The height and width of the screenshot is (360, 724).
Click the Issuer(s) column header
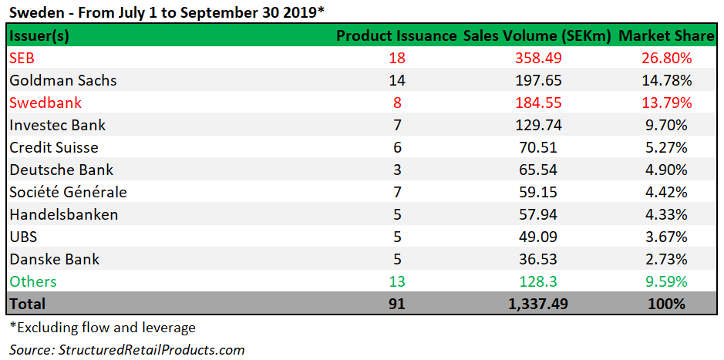(39, 36)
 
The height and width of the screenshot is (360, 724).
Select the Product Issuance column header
(396, 36)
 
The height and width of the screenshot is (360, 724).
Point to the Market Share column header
(666, 36)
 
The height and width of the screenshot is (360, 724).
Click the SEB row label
(22, 59)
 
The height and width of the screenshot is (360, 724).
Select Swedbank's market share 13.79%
(666, 103)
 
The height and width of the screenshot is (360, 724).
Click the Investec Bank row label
(58, 125)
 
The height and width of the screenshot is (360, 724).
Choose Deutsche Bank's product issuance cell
(397, 170)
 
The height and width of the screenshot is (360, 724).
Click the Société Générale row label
(68, 192)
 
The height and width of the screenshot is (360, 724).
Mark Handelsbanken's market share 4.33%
(666, 214)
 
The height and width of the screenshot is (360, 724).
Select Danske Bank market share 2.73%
(666, 259)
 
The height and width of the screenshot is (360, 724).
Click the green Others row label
(33, 281)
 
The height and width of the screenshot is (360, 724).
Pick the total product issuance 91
(397, 304)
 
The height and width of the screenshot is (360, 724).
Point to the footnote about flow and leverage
(103, 328)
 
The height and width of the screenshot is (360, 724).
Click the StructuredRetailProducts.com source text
(127, 350)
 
